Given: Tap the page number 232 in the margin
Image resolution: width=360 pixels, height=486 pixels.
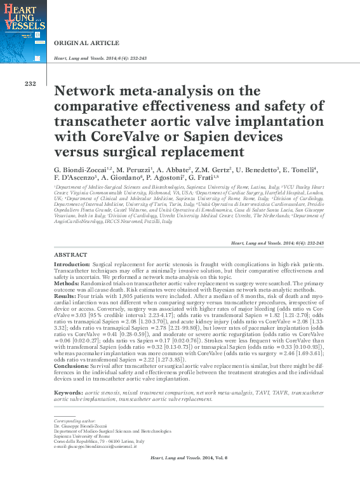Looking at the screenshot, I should [x=30, y=84].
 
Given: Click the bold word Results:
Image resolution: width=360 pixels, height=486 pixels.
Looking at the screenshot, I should [x=66, y=296].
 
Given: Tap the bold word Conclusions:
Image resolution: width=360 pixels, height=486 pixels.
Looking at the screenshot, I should [x=72, y=366].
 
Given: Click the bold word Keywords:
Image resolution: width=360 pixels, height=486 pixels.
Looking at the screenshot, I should [x=69, y=394].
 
